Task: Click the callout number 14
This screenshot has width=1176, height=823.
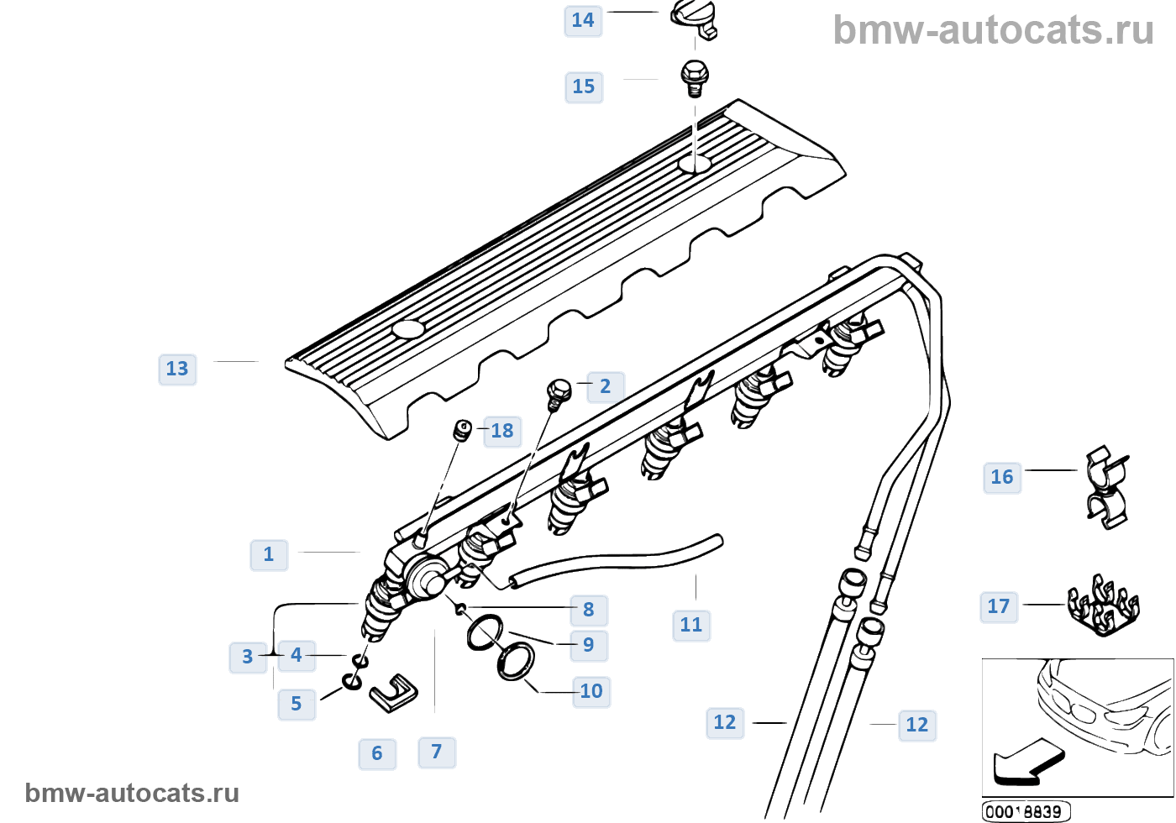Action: point(583,20)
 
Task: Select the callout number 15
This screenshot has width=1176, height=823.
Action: point(584,86)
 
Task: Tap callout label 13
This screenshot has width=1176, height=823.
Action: point(177,369)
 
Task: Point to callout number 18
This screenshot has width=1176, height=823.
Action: point(502,431)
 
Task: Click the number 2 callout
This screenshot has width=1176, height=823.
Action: point(605,386)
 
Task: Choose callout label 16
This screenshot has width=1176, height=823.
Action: point(1002,477)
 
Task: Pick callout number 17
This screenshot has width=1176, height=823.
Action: point(999,606)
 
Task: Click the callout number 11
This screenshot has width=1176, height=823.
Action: point(691,625)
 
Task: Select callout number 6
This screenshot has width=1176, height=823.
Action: point(377,753)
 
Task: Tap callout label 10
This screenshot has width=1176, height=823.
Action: point(591,691)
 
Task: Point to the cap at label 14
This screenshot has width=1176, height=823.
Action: point(695,18)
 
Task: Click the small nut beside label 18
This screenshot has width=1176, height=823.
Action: point(462,431)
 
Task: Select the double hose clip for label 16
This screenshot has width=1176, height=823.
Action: point(1106,487)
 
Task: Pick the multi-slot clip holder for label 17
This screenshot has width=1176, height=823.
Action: point(1103,606)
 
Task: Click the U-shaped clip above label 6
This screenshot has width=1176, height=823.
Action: point(393,691)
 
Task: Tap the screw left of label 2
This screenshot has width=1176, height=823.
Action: point(559,392)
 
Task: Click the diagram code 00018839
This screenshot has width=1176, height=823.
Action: point(1026,812)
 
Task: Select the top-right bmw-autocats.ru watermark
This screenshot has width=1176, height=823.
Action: point(994,30)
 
